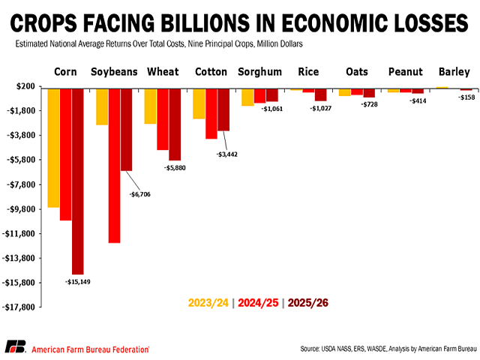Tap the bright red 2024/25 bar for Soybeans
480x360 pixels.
point(115,166)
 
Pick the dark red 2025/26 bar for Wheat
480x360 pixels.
point(175,124)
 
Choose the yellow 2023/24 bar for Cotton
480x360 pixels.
point(199,103)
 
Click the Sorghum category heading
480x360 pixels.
point(259,73)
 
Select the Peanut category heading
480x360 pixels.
point(406,73)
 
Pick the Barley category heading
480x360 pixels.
point(455,73)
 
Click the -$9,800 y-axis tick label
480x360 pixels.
point(22,209)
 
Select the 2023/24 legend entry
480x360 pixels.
point(208,303)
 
